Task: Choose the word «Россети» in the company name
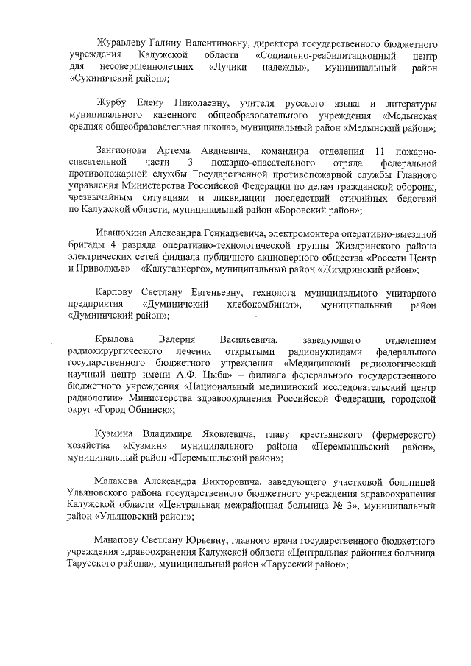[x=380, y=259]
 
